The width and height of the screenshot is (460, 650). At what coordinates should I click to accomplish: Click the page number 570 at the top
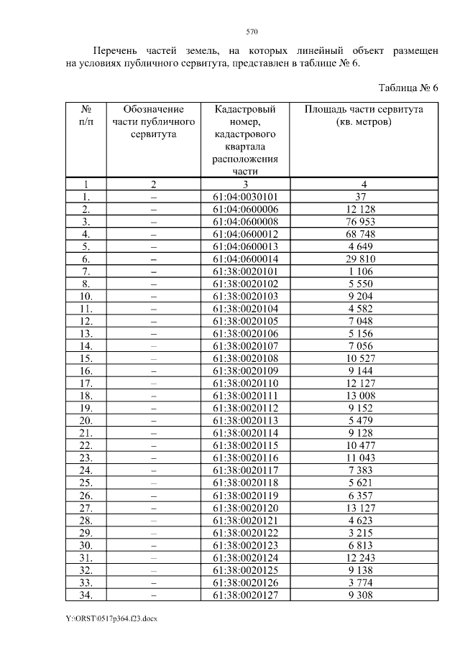(252, 32)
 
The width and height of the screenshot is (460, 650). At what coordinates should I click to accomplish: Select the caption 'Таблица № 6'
(408, 88)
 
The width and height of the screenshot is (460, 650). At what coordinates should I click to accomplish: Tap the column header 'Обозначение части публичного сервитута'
(154, 121)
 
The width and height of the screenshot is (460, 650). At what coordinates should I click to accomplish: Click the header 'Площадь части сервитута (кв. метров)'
(364, 116)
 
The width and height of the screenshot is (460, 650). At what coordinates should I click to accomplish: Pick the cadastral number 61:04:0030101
(246, 196)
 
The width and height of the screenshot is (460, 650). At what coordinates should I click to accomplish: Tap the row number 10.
(86, 296)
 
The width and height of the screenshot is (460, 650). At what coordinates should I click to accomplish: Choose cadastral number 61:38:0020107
(246, 345)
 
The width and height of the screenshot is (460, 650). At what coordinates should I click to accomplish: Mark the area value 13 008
(364, 396)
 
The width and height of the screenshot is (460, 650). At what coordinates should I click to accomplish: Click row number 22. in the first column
(86, 445)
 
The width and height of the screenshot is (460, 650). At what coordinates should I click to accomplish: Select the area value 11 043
(364, 458)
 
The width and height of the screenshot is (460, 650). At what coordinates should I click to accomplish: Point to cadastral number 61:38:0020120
(246, 508)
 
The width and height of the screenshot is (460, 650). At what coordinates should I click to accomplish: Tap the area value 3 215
(364, 532)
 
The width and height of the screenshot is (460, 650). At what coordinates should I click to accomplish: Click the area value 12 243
(364, 557)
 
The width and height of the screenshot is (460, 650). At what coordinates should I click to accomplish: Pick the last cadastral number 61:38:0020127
(246, 595)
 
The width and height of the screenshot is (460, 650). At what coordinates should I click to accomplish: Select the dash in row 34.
(154, 595)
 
